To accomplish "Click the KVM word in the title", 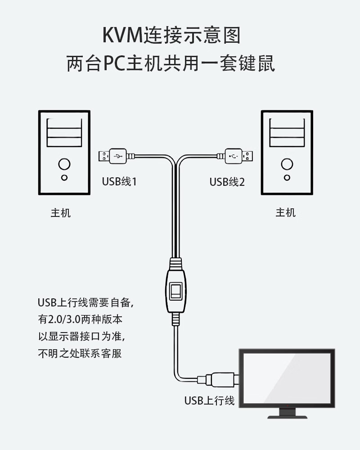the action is (122, 35).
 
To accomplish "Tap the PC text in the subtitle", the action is (114, 63).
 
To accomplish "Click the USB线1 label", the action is (119, 181).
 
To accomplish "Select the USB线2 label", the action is (227, 182).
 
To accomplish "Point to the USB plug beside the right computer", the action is (235, 156).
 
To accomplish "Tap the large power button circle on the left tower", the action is (64, 164).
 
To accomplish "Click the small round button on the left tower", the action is (64, 178).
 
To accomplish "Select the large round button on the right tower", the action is (287, 164).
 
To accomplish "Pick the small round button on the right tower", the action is (287, 178).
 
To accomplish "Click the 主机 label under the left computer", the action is (61, 213).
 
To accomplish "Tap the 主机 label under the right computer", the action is (286, 213).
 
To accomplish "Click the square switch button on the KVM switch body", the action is (176, 291).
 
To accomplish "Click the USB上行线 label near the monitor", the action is (210, 400).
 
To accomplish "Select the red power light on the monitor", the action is (288, 405).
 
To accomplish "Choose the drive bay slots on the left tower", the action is (64, 133).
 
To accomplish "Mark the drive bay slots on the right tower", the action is (287, 133).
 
